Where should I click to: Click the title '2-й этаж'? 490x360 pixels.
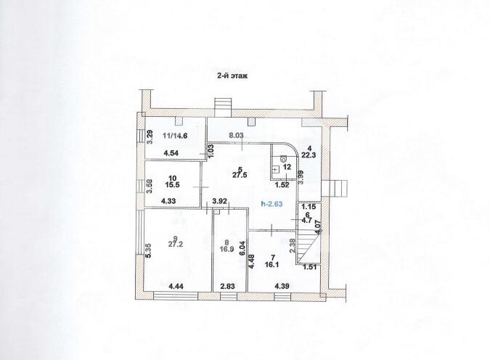tap(232, 75)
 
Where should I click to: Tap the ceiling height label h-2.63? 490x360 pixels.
tap(271, 204)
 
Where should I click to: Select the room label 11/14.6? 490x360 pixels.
tap(175, 136)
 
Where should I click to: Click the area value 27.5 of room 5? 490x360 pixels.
tap(240, 175)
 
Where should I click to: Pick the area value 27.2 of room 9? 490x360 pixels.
tap(176, 245)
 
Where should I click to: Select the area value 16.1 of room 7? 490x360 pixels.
tap(273, 265)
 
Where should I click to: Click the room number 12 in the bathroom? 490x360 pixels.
tap(287, 167)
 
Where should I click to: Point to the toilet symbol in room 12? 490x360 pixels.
tap(284, 159)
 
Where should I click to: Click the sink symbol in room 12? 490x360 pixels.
tap(275, 169)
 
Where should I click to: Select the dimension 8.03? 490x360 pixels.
tap(236, 135)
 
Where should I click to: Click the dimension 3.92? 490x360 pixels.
tap(219, 202)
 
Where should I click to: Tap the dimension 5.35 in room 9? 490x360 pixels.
tap(150, 250)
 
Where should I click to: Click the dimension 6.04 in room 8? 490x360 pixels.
tap(242, 249)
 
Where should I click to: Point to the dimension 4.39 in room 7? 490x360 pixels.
tap(282, 286)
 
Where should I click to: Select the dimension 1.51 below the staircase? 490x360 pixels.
tap(310, 267)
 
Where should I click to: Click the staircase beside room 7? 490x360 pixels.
tap(308, 247)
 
